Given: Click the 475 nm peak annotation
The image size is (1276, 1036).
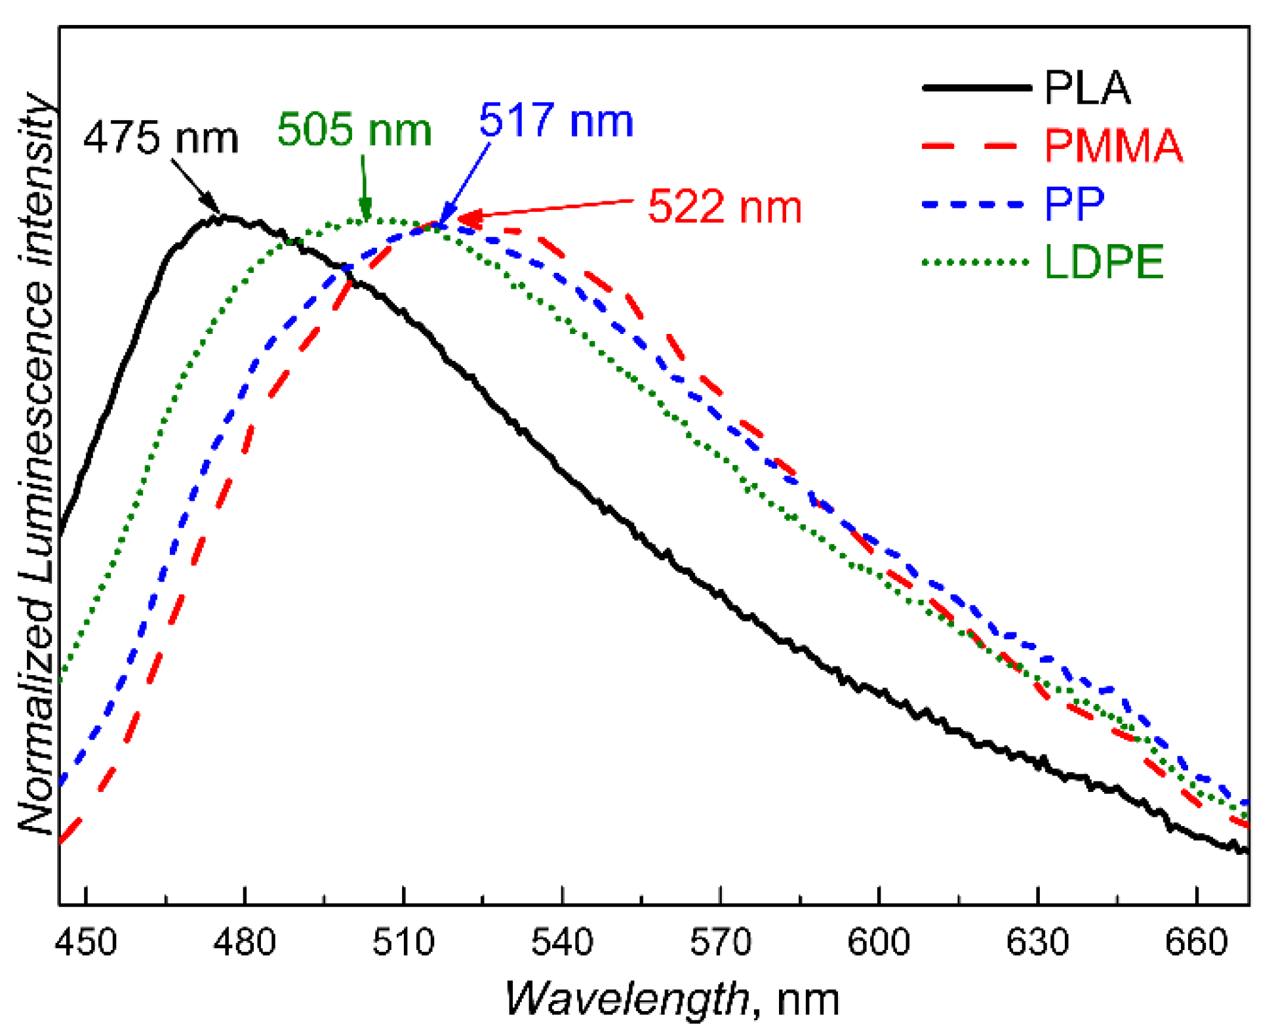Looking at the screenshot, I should click(x=161, y=138).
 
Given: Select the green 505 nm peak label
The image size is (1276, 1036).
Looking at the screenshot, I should click(x=354, y=129).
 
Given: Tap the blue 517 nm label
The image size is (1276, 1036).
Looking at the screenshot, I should click(x=556, y=121).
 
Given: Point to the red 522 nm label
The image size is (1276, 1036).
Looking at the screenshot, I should click(x=725, y=207).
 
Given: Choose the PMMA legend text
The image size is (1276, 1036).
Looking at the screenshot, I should click(x=1113, y=145).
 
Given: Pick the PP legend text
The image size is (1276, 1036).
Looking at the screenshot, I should click(x=1074, y=203).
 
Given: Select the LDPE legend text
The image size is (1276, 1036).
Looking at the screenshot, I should click(x=1104, y=262).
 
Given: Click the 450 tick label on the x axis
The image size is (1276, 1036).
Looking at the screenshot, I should click(x=86, y=942).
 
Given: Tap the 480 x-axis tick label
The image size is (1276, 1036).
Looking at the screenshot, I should click(x=245, y=942).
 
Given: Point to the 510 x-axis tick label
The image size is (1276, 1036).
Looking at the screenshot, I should click(x=403, y=942).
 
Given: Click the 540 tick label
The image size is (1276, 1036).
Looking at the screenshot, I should click(x=562, y=942).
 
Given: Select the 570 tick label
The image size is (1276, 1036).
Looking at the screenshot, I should click(x=720, y=942).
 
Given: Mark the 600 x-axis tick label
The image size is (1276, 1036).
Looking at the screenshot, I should click(x=879, y=942).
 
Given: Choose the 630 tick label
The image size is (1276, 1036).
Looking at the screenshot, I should click(x=1037, y=942).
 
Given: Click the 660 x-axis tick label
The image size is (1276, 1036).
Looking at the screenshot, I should click(x=1196, y=942).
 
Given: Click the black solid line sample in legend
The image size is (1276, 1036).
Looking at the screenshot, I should click(x=976, y=87).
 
